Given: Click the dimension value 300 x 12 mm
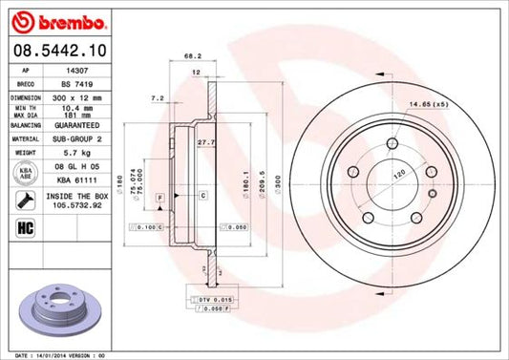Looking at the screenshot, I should [75, 97].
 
